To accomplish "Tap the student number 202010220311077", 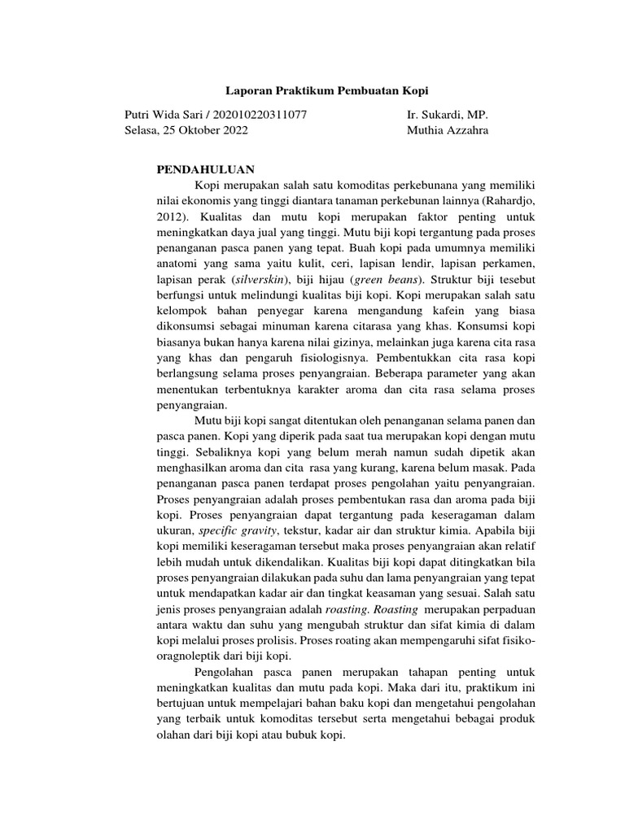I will pos(259,115).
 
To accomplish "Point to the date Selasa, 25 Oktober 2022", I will pos(186,130).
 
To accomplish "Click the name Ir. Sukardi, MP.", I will pos(447,115).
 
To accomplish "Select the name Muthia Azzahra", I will pos(448,130).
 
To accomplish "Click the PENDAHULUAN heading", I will pos(206,170).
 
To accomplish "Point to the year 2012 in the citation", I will pos(169,216).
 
